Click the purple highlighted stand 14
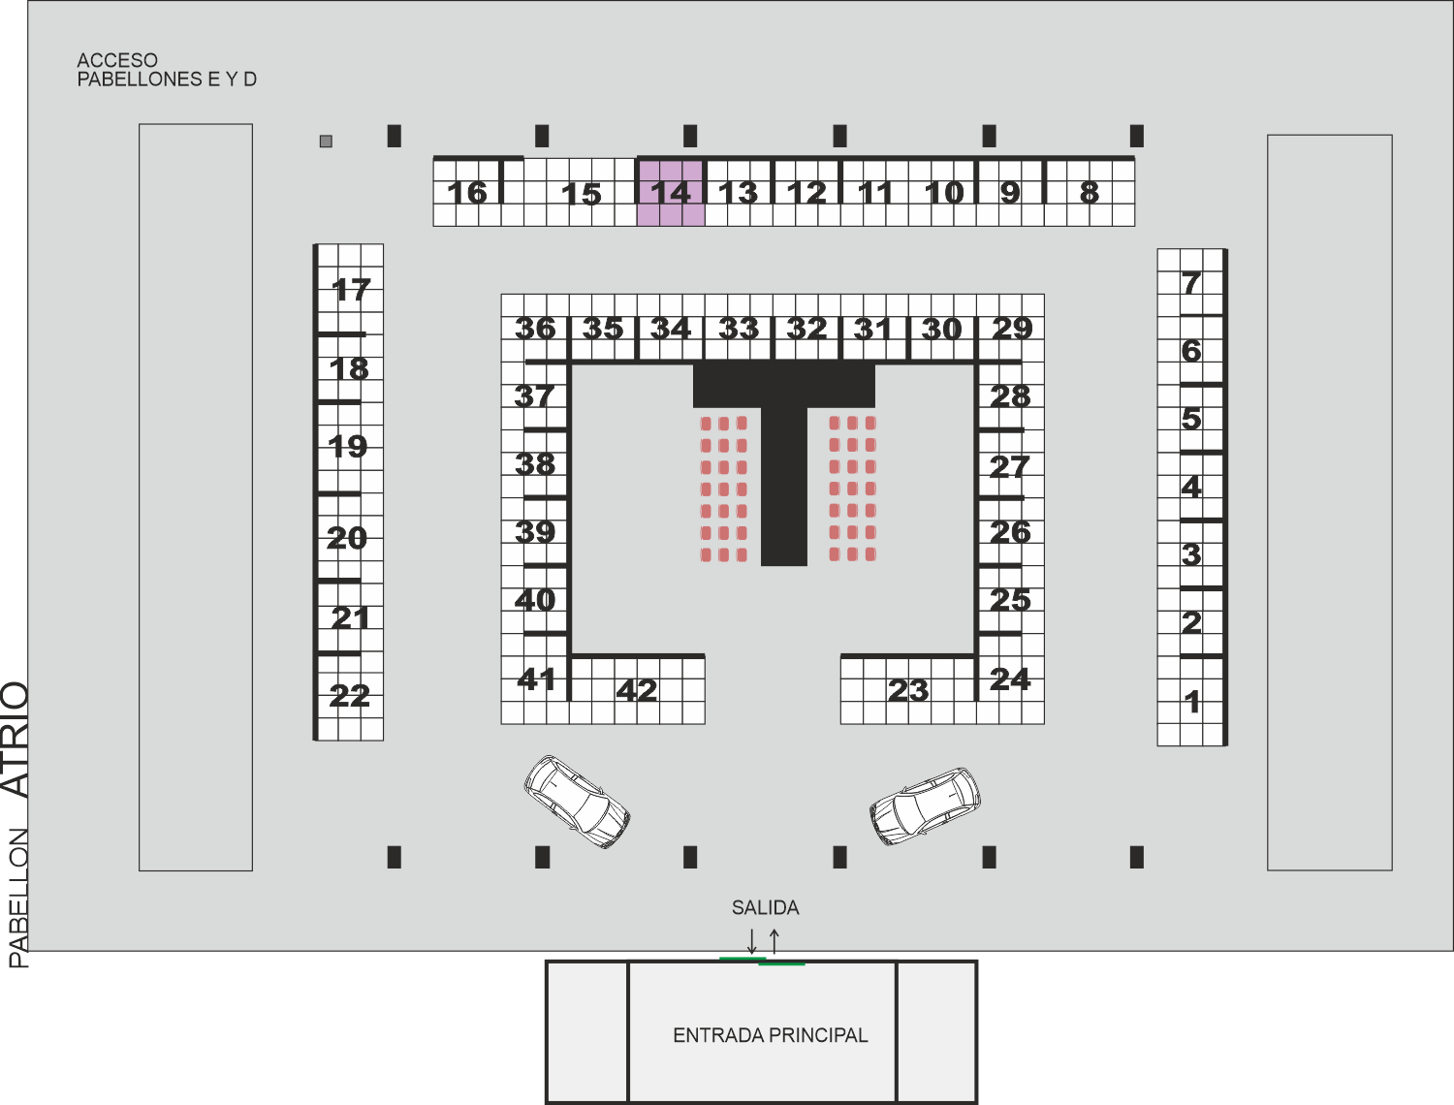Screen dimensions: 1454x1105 point(671,192)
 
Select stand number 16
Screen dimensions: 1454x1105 point(467,193)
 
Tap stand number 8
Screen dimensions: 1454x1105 point(1090,193)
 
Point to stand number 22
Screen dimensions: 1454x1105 point(349,697)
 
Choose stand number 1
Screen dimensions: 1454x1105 point(1191,702)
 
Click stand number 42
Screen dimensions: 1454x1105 point(637,690)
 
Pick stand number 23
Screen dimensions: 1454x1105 point(908,690)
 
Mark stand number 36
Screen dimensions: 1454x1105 point(535,329)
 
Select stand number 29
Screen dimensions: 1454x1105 point(1012,329)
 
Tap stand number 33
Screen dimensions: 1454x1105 point(739,329)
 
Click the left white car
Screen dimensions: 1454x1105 point(577,802)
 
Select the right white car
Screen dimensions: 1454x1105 point(925,806)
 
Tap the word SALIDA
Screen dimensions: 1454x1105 point(765,907)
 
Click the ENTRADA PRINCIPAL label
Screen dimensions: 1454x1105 point(771,1035)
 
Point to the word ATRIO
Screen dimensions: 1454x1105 point(16,740)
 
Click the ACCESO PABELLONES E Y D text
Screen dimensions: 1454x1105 point(167,70)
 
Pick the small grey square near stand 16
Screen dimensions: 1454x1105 point(326,141)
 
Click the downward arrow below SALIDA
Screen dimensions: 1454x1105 point(752,941)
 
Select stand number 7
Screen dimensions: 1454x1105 point(1191,283)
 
